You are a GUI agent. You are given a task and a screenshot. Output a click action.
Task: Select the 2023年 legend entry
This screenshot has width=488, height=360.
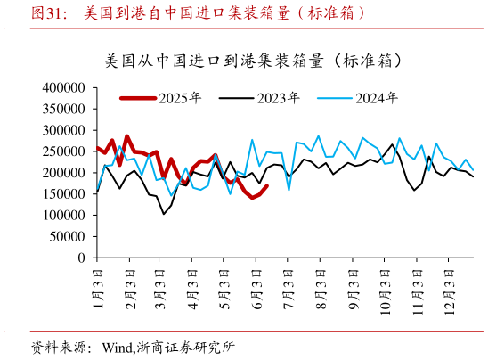click(x=278, y=98)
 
